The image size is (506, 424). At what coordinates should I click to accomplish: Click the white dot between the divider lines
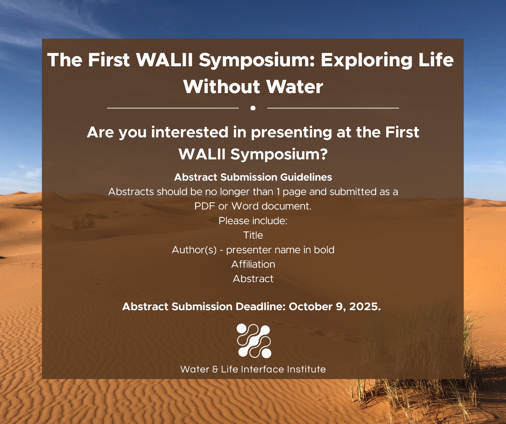pyautogui.click(x=253, y=108)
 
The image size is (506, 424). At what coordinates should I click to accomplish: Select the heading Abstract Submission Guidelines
pyautogui.click(x=253, y=177)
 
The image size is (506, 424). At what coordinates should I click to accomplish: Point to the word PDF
pyautogui.click(x=204, y=206)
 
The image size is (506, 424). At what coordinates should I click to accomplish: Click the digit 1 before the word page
pyautogui.click(x=278, y=192)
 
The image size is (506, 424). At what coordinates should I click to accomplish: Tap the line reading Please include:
pyautogui.click(x=253, y=221)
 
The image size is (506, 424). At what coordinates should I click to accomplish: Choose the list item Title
pyautogui.click(x=253, y=235)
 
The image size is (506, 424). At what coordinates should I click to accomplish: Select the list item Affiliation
pyautogui.click(x=253, y=264)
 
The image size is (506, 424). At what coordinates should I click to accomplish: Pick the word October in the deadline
pyautogui.click(x=310, y=307)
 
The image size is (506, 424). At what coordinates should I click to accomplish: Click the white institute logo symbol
pyautogui.click(x=254, y=341)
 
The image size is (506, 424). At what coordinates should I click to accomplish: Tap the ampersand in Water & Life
pyautogui.click(x=215, y=369)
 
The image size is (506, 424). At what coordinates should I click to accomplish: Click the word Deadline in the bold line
pyautogui.click(x=261, y=307)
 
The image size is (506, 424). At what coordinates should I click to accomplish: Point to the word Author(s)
pyautogui.click(x=194, y=250)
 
